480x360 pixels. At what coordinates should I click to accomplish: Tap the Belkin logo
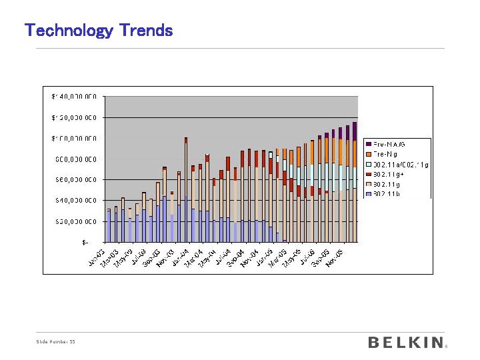click(405, 342)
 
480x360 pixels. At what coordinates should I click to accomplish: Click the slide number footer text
click(55, 342)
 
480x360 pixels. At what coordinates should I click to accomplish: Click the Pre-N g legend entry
click(387, 153)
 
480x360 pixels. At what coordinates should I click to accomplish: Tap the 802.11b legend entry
click(387, 194)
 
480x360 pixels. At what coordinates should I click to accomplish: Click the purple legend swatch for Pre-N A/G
click(368, 143)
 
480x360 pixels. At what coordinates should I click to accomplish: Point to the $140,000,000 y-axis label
click(75, 97)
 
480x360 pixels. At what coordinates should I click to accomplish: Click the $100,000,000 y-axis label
click(75, 138)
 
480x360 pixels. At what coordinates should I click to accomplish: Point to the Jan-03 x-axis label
click(97, 255)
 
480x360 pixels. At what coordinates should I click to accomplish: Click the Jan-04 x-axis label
click(181, 255)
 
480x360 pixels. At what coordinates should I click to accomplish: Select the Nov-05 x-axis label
click(335, 255)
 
